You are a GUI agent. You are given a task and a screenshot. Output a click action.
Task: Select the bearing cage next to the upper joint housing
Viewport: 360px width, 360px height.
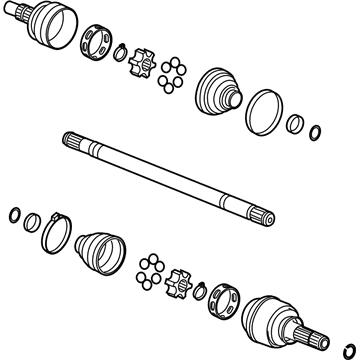point(100,42)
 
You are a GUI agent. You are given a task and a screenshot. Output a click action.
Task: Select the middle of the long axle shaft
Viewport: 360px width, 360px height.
point(165,177)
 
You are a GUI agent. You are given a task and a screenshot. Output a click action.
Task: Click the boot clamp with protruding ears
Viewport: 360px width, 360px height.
point(57,233)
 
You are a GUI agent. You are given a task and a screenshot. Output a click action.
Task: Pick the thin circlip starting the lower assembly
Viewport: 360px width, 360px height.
point(13,213)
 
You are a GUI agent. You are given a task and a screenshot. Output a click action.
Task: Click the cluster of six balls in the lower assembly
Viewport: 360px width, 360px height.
point(152,265)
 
